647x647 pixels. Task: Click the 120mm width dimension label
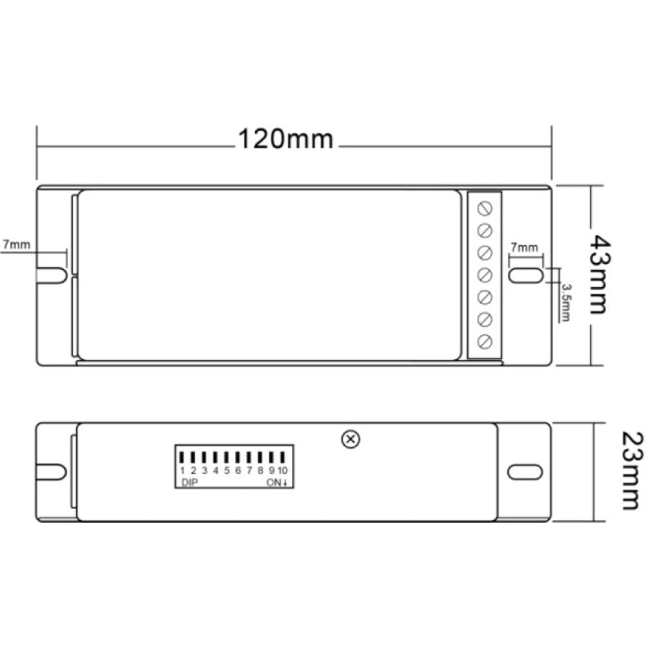click(x=286, y=138)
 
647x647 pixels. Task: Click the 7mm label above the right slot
click(x=524, y=248)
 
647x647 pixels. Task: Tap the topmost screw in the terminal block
click(x=485, y=208)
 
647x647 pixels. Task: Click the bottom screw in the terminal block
click(x=485, y=341)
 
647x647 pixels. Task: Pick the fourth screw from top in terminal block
click(x=485, y=275)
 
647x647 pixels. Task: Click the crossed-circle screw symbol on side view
click(x=350, y=439)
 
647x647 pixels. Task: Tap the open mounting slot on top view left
click(x=51, y=274)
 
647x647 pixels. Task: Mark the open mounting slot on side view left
click(x=50, y=472)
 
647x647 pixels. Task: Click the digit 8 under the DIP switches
click(x=260, y=471)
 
